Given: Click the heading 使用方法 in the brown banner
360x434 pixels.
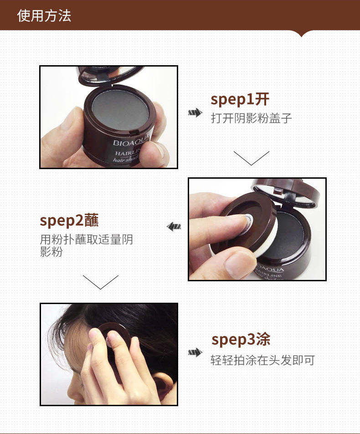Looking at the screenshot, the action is [44, 15].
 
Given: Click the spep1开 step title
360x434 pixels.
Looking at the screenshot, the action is [240, 99].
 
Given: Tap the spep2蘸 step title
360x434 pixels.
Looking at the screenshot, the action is [69, 221].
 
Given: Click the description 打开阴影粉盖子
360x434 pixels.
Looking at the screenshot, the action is [251, 118].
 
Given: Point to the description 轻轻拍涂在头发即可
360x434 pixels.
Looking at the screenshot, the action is [262, 360].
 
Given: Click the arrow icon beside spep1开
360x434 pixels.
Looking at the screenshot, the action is [195, 113].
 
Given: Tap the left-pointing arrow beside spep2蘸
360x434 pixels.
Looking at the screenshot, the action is [174, 227].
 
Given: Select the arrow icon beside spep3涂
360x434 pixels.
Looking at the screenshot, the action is [195, 352].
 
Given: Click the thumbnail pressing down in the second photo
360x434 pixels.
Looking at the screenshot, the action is [238, 264].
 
